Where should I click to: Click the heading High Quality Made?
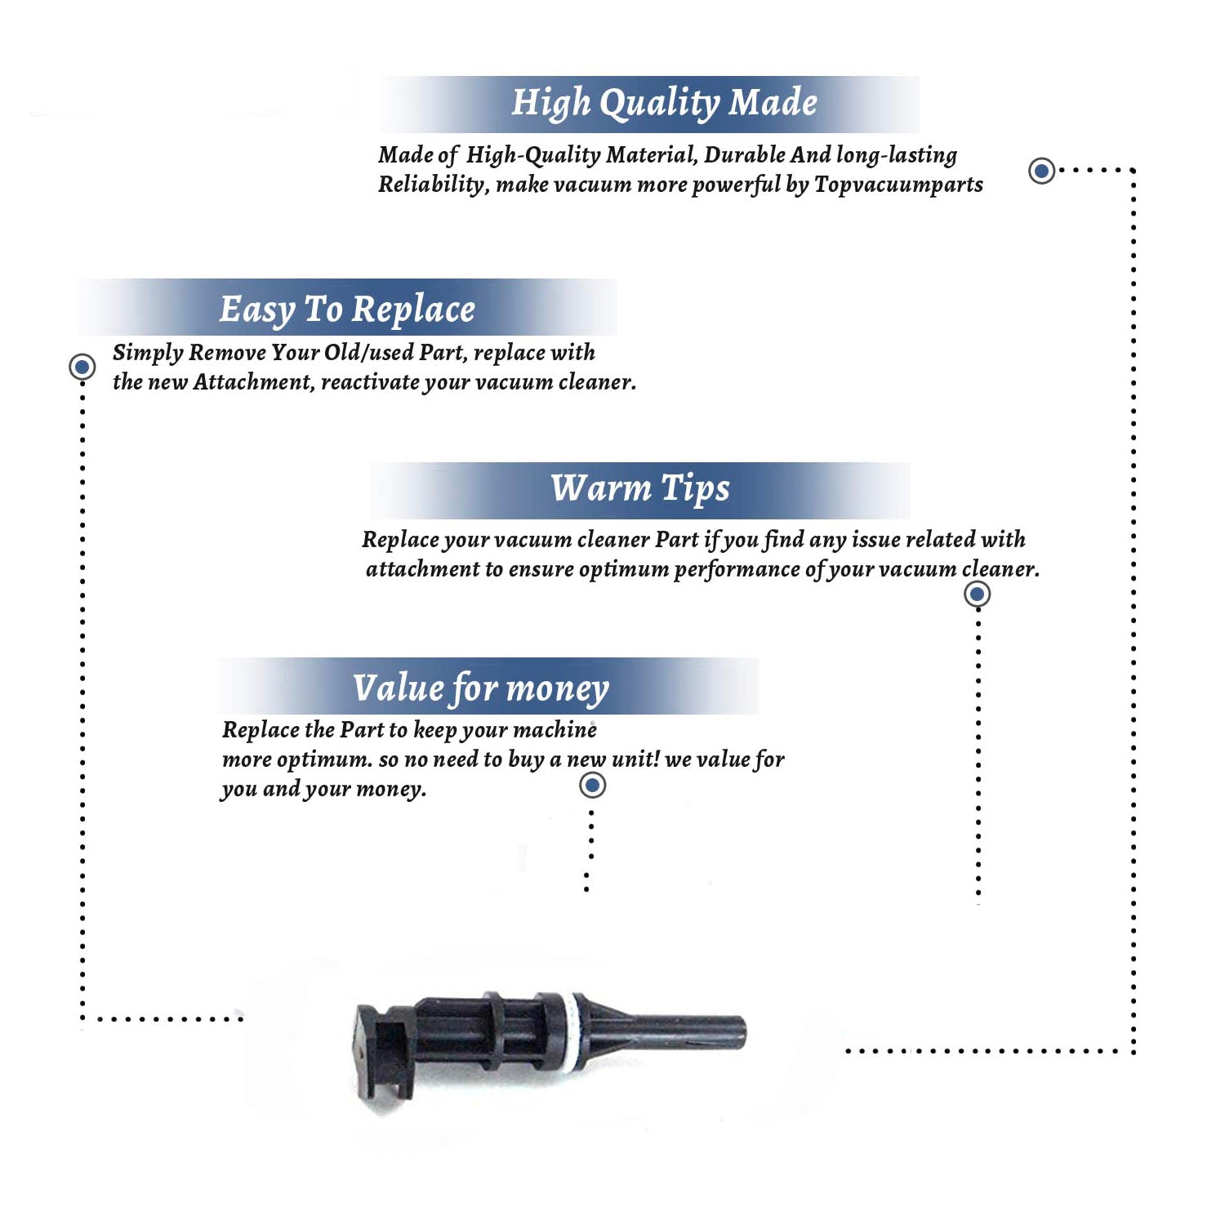coord(664,104)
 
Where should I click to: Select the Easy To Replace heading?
coord(347,310)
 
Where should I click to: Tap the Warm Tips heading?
coord(639,488)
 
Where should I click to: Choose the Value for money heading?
coord(480,688)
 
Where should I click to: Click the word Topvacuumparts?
coord(898,185)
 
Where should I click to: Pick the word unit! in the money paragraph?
coord(635,759)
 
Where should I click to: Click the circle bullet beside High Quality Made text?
coord(1041,171)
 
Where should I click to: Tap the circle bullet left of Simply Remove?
coord(82,367)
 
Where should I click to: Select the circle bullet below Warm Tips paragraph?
coord(977,594)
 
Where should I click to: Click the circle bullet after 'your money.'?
coord(592,786)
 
